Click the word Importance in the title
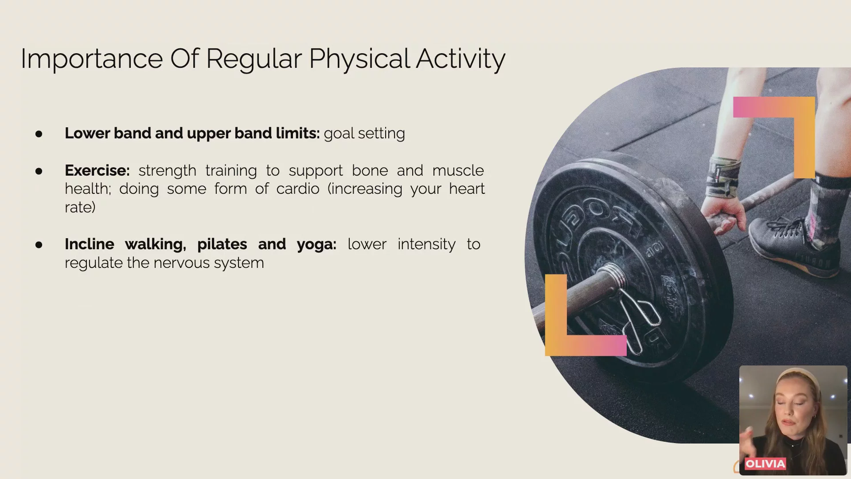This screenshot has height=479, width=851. [92, 59]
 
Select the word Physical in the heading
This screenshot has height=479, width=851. [359, 59]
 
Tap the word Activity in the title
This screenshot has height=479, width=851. [461, 59]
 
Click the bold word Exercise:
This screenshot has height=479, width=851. [97, 170]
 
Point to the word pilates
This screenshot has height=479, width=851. [222, 244]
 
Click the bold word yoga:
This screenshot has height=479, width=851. [316, 245]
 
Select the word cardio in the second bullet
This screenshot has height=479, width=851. [298, 188]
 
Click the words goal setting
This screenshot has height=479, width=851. [364, 133]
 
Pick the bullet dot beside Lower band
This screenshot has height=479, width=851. [39, 133]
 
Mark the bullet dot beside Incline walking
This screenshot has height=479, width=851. [39, 244]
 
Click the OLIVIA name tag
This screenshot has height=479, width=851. [765, 464]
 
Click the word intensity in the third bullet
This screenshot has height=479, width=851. [426, 244]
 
